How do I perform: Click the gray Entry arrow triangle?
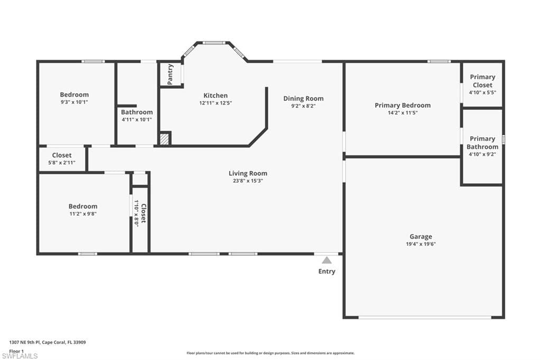(x=327, y=260)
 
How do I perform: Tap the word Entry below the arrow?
(x=327, y=271)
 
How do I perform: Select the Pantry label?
(x=170, y=74)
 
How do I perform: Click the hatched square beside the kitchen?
(x=165, y=139)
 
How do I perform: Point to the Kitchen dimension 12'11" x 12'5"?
(x=216, y=103)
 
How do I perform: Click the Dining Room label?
(x=304, y=99)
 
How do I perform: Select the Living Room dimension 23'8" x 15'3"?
(x=248, y=181)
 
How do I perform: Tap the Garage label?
(x=421, y=236)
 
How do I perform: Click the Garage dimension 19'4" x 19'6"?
(x=421, y=244)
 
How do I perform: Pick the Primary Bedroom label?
(x=403, y=105)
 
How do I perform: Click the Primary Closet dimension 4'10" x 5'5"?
(x=483, y=92)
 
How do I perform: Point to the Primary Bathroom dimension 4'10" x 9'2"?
(x=482, y=154)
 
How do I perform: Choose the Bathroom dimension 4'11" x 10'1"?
(x=137, y=120)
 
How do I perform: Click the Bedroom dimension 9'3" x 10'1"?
(x=74, y=102)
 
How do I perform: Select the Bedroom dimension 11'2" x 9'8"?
(x=83, y=214)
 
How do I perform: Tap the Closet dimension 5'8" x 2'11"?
(x=62, y=163)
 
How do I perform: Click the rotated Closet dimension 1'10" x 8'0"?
(x=137, y=213)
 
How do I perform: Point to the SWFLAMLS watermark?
(x=20, y=356)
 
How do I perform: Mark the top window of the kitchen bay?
(x=214, y=43)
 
